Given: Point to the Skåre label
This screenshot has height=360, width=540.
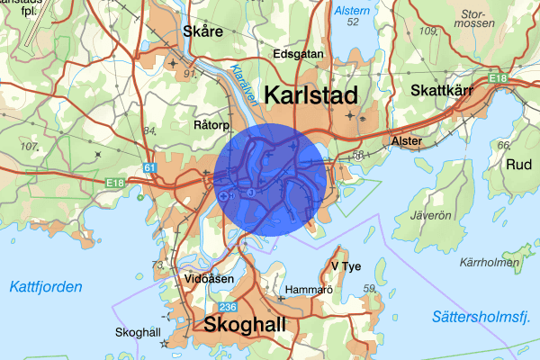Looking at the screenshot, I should [202, 31].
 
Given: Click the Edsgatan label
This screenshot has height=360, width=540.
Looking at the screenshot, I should [298, 54].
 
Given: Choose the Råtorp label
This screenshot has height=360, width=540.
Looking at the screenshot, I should [212, 126].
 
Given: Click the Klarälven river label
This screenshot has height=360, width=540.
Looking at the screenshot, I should [243, 86].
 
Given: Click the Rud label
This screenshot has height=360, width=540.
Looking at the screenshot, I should [519, 166].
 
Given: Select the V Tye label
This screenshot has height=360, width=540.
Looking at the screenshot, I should [346, 267].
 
